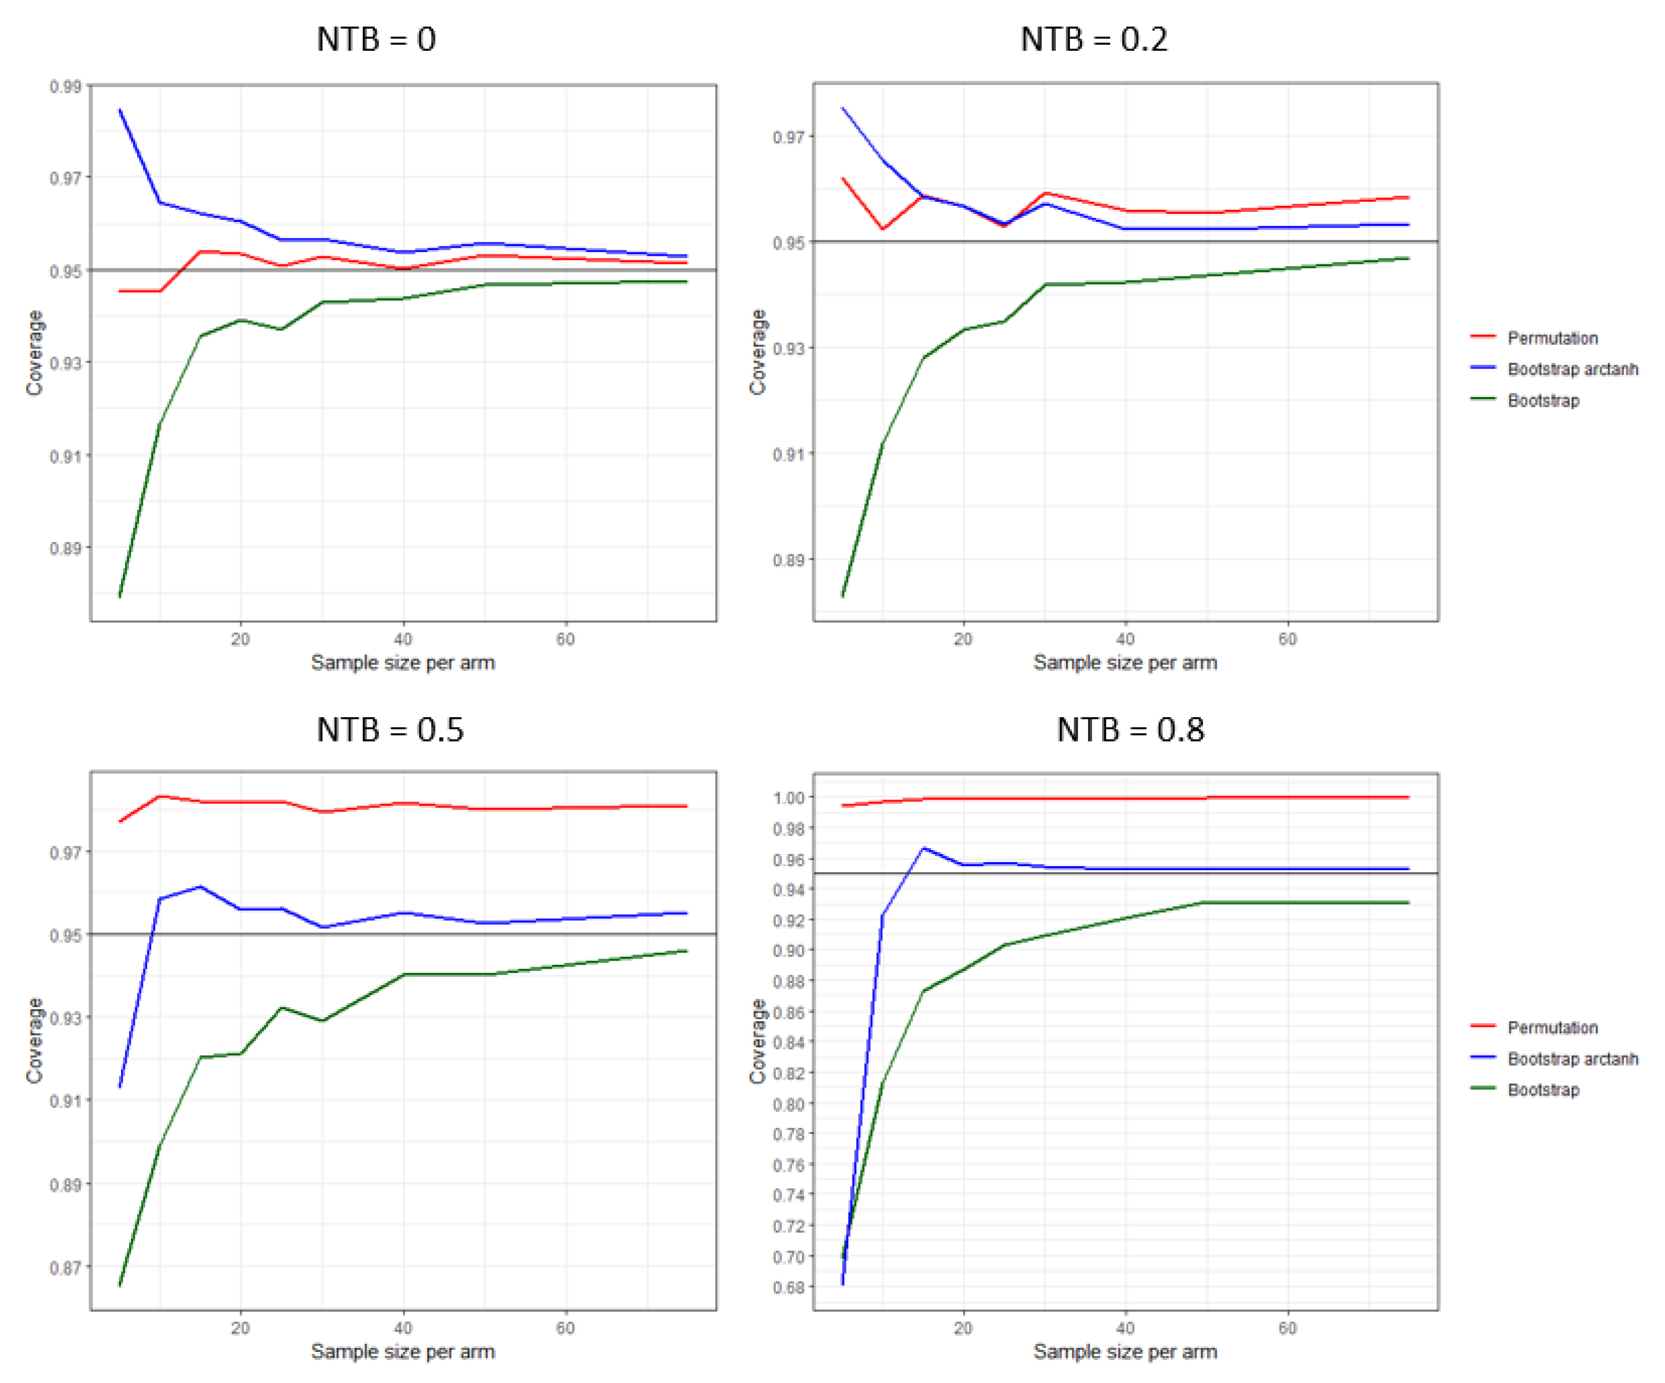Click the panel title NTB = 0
pos(376,40)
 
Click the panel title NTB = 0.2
pos(1094,40)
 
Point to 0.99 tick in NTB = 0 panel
pos(66,86)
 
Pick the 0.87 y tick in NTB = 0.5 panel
pos(66,1268)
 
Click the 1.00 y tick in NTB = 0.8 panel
pos(789,797)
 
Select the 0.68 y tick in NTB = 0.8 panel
pos(789,1287)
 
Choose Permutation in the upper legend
pos(1552,338)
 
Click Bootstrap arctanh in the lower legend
pos(1572,1059)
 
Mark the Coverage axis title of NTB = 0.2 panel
pos(758,352)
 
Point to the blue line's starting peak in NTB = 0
pos(120,110)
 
